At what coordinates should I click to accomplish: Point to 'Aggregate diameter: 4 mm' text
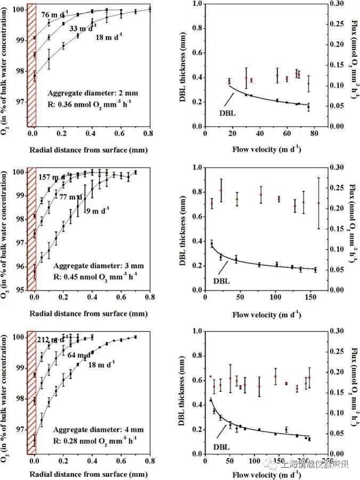pyautogui.click(x=88, y=429)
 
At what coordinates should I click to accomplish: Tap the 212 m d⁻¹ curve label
pyautogui.click(x=53, y=339)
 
